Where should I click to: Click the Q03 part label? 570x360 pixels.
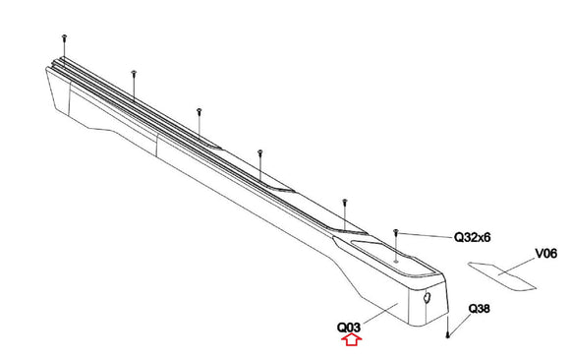(x=349, y=328)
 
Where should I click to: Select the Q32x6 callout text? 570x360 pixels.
(x=473, y=238)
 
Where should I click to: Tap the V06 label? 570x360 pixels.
(x=546, y=254)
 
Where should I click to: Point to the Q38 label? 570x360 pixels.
(x=480, y=309)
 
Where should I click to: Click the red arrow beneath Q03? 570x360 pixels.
(x=351, y=340)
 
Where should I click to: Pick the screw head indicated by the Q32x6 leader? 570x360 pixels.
(x=396, y=231)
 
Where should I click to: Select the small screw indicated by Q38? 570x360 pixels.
(x=447, y=336)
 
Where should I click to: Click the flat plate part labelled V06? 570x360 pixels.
(x=501, y=276)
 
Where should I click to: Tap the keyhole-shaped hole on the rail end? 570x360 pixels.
(x=427, y=298)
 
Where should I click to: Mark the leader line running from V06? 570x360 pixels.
(x=517, y=267)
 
